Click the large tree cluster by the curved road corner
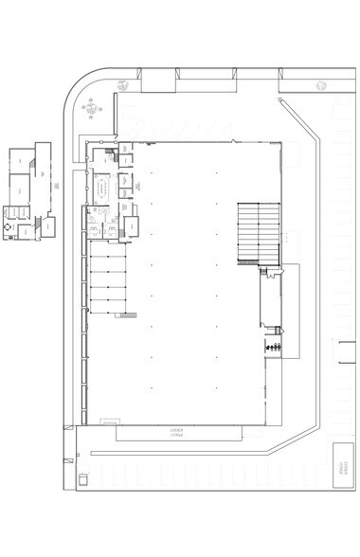click(90, 105)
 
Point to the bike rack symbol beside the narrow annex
click(275, 349)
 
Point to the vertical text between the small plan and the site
click(57, 185)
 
